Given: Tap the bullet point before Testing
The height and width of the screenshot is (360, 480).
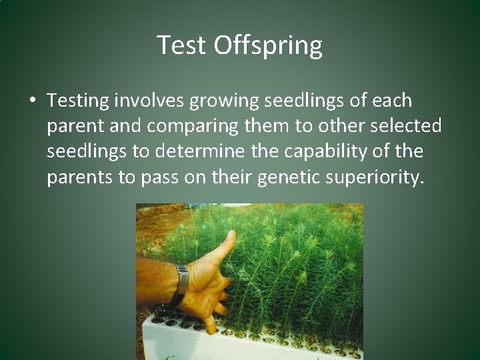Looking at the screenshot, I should click(x=32, y=101).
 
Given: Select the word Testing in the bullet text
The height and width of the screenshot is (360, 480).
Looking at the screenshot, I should click(x=78, y=101).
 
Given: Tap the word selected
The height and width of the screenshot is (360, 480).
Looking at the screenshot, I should click(x=408, y=126).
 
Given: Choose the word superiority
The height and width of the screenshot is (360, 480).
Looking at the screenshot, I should click(x=377, y=177).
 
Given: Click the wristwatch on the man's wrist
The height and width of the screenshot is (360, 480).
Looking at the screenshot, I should click(x=180, y=283).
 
